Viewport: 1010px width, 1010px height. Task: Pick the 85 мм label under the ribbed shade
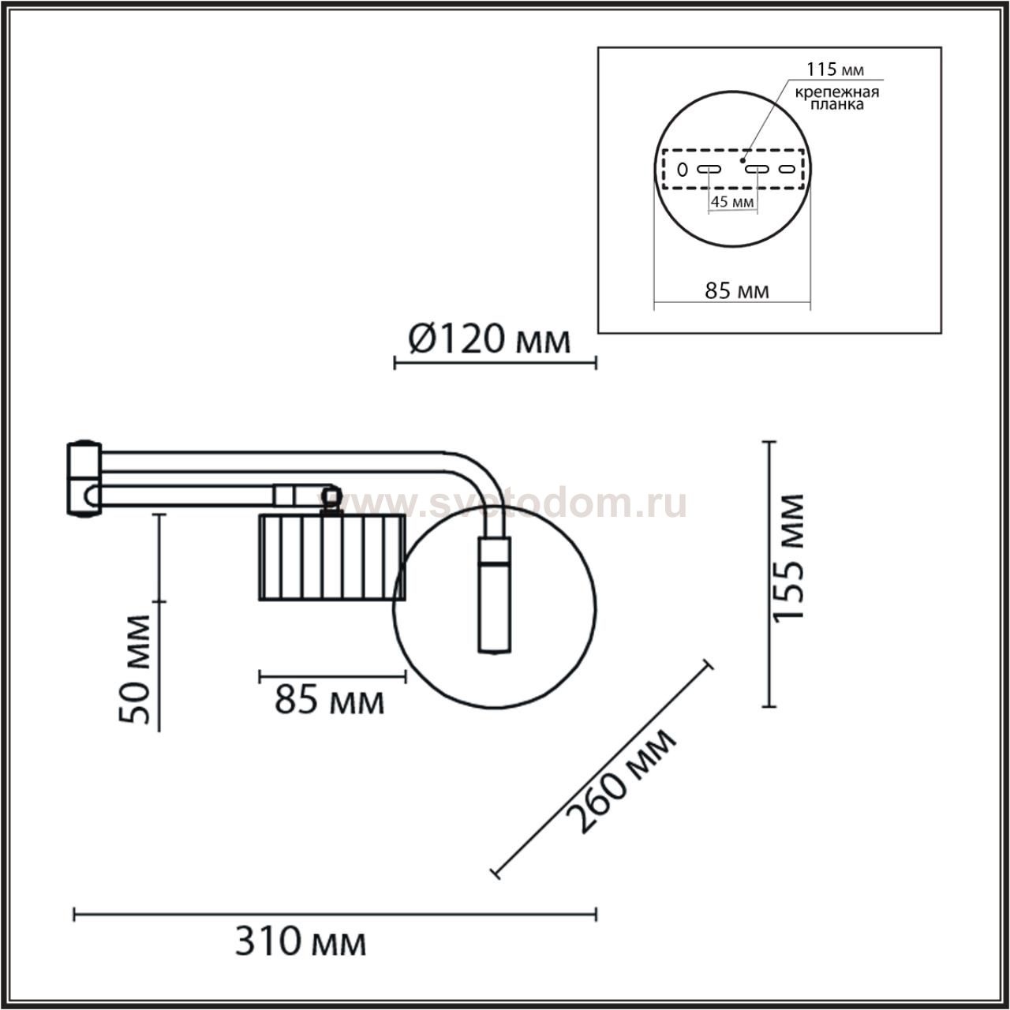[x=330, y=701]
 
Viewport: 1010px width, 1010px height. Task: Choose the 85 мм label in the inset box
[x=737, y=291]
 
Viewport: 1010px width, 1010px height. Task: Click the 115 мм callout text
[x=835, y=69]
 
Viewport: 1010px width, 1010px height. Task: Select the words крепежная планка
[x=837, y=99]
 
